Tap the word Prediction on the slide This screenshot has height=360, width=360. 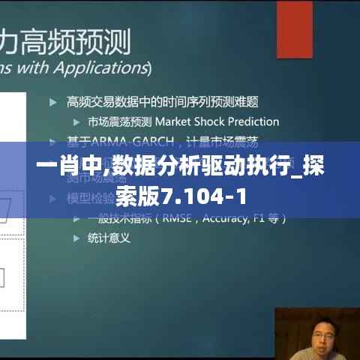pos(253,121)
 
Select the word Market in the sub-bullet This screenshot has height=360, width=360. pos(173,121)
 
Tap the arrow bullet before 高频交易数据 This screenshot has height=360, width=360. pos(52,101)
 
